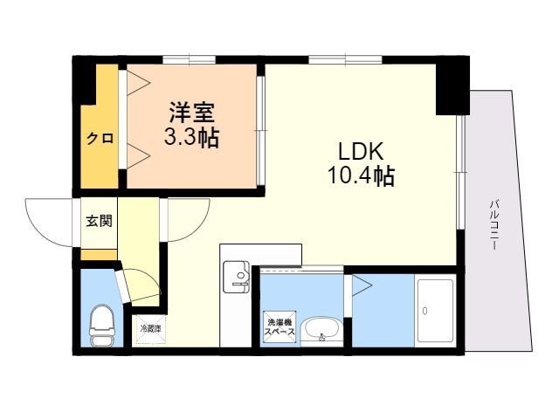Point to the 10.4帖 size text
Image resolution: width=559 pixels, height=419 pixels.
click(360, 176)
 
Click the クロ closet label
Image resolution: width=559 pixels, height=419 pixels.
click(100, 138)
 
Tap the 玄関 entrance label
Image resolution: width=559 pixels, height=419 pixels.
click(99, 220)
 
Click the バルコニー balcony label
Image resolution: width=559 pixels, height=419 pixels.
click(494, 224)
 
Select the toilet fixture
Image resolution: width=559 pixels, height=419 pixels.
click(102, 324)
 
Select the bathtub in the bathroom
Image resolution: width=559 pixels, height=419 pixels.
click(434, 311)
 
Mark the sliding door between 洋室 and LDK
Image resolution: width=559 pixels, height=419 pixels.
click(259, 131)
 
